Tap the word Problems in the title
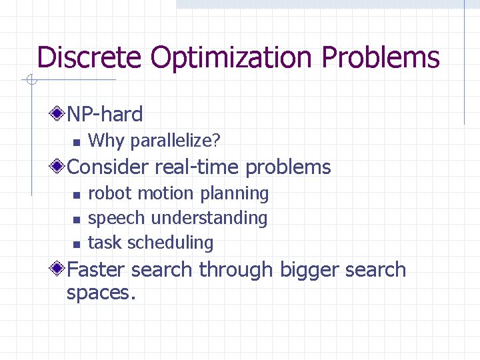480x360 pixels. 381,57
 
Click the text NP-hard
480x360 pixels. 105,115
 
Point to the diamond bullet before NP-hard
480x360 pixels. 59,114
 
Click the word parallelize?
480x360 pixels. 175,141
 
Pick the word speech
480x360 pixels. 117,218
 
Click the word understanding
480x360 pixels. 209,218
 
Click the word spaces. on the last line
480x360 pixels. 101,293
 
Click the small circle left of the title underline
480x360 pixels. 30,81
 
